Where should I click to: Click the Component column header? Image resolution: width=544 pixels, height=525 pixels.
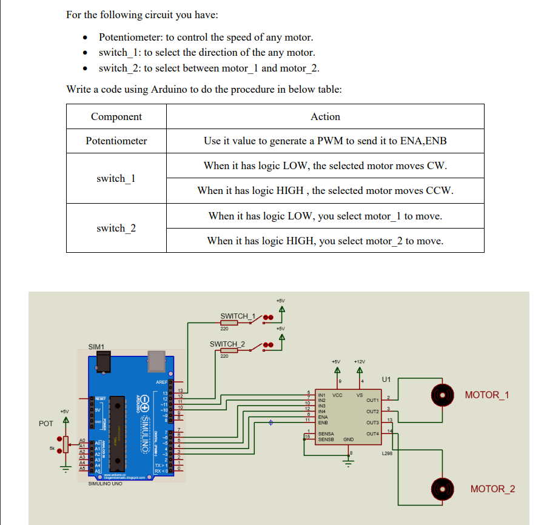(x=116, y=116)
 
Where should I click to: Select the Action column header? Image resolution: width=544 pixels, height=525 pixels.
(x=325, y=116)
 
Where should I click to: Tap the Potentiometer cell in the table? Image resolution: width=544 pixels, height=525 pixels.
(x=116, y=141)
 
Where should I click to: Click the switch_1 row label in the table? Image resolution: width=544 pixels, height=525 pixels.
(x=116, y=178)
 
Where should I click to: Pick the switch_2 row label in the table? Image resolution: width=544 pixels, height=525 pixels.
(x=116, y=228)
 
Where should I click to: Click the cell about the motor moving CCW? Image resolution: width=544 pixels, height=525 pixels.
(x=325, y=190)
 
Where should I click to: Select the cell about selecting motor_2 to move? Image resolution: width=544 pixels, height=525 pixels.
(x=325, y=241)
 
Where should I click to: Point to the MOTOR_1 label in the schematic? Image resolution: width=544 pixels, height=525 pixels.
(x=486, y=395)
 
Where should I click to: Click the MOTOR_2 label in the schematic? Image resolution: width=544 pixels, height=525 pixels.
(x=492, y=489)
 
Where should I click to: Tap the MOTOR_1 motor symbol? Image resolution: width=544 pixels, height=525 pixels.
(x=442, y=395)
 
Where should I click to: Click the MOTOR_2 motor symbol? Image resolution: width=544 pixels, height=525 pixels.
(x=442, y=489)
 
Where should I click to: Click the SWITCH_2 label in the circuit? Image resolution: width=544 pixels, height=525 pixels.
(x=227, y=344)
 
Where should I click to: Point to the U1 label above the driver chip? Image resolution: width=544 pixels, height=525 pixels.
(x=387, y=380)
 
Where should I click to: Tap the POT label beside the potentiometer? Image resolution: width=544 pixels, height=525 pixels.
(x=46, y=423)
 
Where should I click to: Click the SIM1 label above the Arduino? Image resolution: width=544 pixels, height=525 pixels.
(x=96, y=346)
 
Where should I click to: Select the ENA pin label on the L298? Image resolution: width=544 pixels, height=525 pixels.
(x=323, y=417)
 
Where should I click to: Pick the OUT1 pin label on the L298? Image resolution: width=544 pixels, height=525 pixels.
(x=372, y=400)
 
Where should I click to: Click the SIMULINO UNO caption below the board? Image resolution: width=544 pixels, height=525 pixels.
(x=106, y=483)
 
